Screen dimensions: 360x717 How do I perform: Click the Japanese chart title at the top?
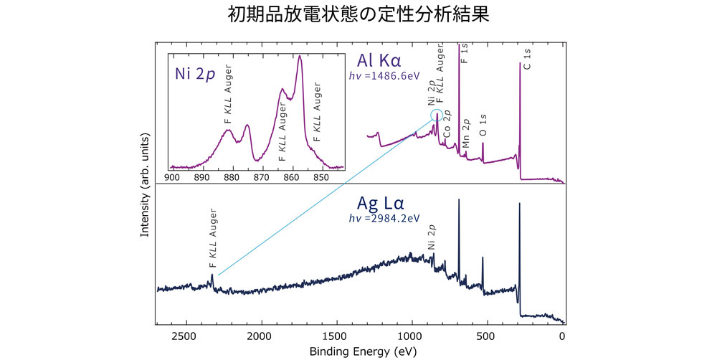click(358, 15)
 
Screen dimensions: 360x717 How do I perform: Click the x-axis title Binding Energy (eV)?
click(360, 351)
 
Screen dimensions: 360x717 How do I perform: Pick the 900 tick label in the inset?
click(172, 176)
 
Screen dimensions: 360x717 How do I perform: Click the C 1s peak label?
click(528, 58)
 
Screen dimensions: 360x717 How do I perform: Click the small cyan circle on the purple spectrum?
click(437, 115)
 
